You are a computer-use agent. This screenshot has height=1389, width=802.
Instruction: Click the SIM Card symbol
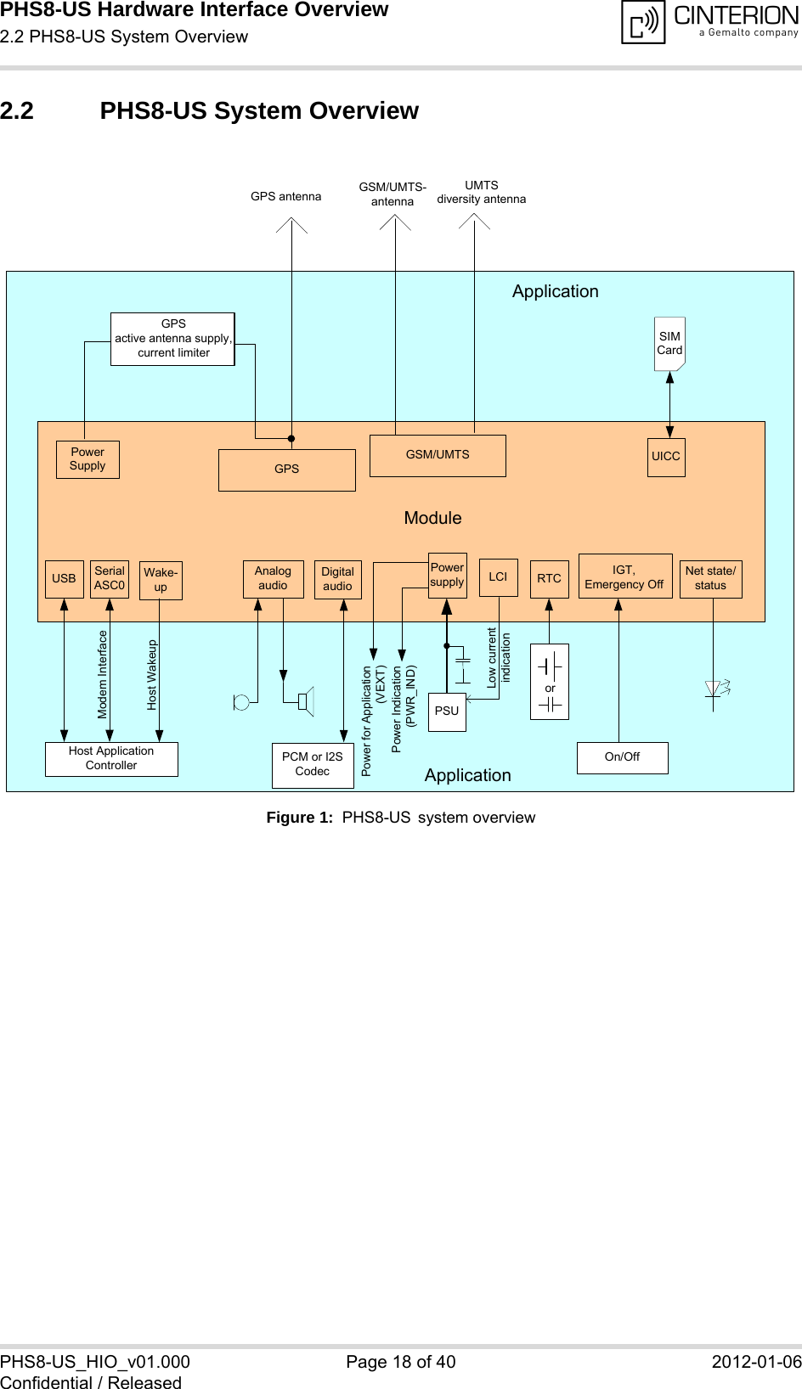[669, 344]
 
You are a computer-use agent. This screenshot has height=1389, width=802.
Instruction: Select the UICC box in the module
[666, 457]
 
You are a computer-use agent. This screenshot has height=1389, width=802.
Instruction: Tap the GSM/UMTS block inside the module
[438, 455]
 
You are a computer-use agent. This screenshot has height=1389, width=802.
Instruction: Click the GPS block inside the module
[287, 470]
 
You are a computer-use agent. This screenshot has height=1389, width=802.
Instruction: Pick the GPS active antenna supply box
[172, 339]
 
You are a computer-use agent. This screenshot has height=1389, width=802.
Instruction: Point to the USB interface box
[65, 579]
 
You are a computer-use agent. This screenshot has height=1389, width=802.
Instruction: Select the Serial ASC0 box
[110, 579]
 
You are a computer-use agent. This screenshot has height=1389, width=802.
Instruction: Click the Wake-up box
[161, 581]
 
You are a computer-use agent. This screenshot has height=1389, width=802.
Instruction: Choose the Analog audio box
[273, 579]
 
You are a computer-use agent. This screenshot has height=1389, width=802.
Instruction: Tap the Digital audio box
[337, 580]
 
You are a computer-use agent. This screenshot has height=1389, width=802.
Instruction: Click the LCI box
[498, 577]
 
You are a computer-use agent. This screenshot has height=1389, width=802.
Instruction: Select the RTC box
[549, 579]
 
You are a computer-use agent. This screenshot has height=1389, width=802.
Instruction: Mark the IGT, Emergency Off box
[624, 577]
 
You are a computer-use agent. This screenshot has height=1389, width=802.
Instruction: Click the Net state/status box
[710, 579]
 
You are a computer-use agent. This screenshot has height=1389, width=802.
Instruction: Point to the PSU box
[447, 711]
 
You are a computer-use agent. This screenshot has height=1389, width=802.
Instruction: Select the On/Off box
[622, 757]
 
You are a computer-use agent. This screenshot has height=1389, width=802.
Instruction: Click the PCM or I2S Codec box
[313, 764]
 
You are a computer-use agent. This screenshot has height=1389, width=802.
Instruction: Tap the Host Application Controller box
[111, 758]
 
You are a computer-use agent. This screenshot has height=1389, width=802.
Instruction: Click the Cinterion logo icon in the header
[643, 23]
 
